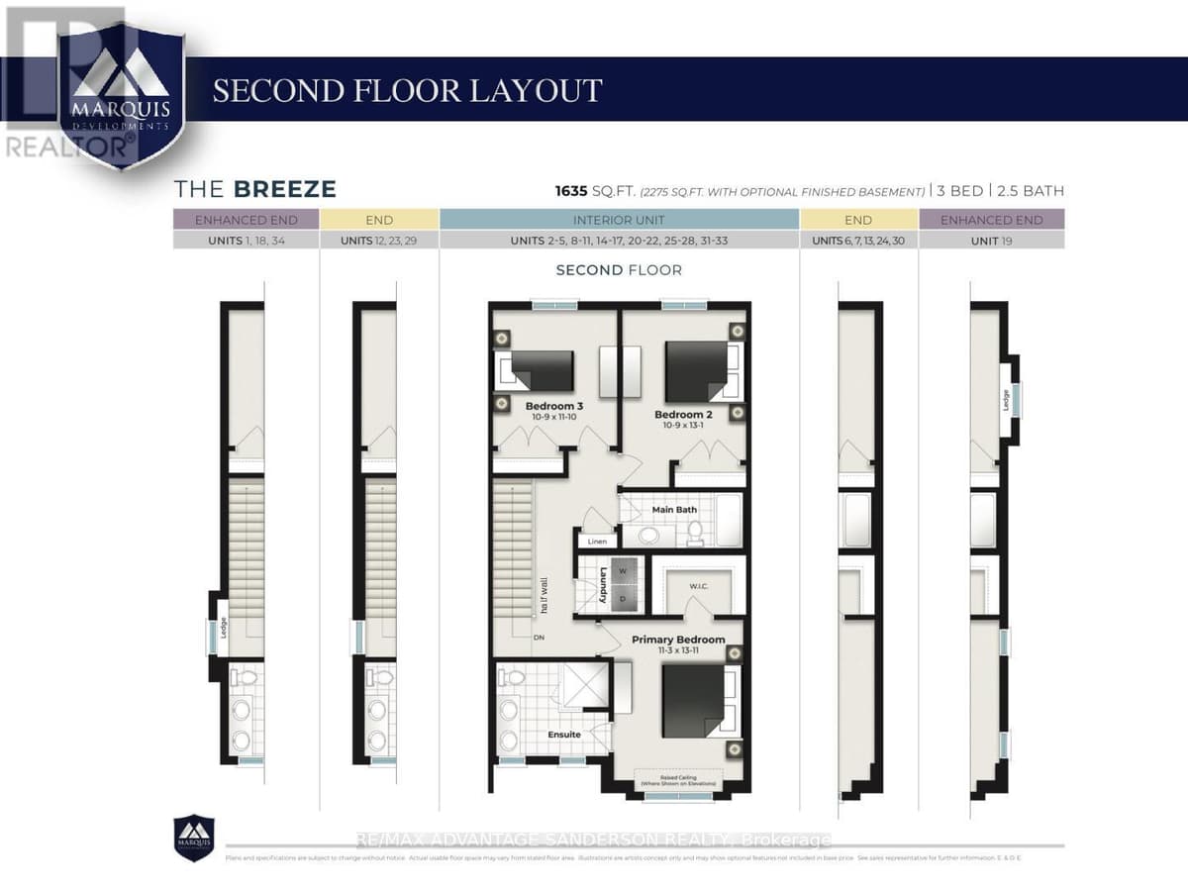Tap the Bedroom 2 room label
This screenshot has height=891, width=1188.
coord(682,414)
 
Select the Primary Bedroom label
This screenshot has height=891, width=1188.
coord(678,640)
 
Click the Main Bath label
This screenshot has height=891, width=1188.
coord(674,510)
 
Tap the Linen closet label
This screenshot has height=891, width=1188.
coord(597,542)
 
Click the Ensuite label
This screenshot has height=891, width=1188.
coord(564,735)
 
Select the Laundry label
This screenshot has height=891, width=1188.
coord(602,584)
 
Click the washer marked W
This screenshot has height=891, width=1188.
coord(623,570)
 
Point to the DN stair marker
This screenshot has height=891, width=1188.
coord(540,637)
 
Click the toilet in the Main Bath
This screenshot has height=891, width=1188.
coord(695,535)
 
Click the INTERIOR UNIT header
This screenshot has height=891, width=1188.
coord(619,220)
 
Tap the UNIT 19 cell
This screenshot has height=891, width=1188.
coord(991,240)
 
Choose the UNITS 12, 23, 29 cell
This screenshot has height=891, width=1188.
coord(379,240)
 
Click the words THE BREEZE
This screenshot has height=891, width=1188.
coord(255,189)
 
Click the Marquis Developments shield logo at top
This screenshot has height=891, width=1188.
coord(119,94)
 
